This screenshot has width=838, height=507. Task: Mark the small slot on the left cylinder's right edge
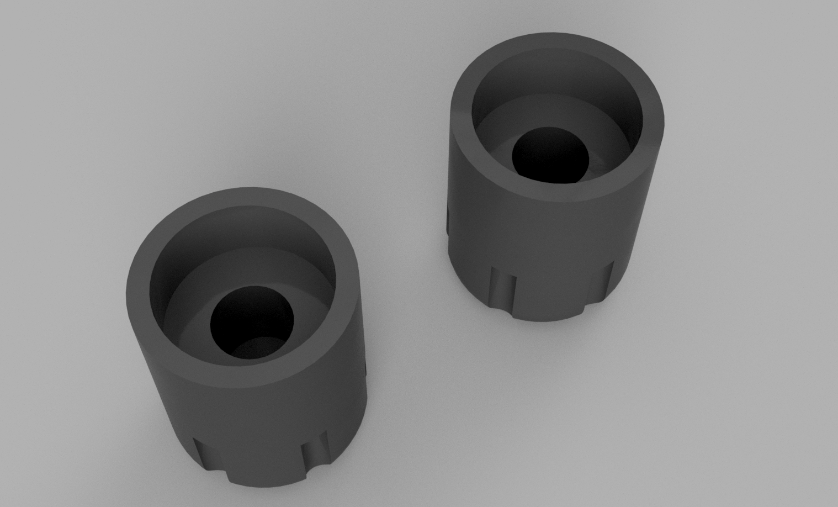(x=366, y=367)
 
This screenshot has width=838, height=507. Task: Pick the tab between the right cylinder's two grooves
(x=552, y=301)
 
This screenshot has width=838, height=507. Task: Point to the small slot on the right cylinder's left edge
(x=448, y=221)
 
